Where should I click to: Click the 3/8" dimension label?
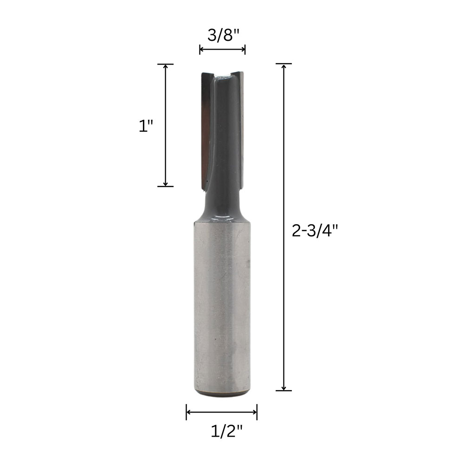pyautogui.click(x=223, y=36)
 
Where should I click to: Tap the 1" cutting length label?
pyautogui.click(x=146, y=127)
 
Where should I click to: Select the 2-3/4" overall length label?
pyautogui.click(x=315, y=231)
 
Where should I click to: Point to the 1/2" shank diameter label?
pyautogui.click(x=226, y=431)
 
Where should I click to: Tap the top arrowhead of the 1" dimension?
pyautogui.click(x=166, y=66)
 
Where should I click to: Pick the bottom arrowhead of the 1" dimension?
pyautogui.click(x=166, y=184)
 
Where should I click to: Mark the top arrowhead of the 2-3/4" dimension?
pyautogui.click(x=284, y=66)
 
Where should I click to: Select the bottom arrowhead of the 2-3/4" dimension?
pyautogui.click(x=284, y=388)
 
